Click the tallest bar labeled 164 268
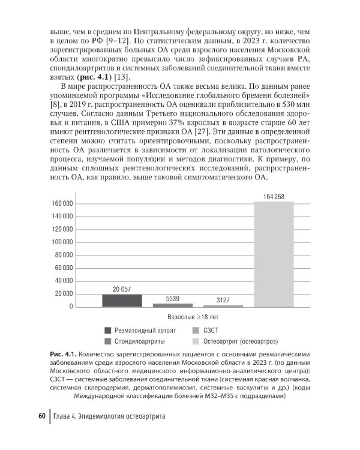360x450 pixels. click(x=274, y=254)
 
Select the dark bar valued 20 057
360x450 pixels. click(x=122, y=301)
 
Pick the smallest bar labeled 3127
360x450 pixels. click(x=223, y=306)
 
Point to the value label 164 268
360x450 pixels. click(x=274, y=197)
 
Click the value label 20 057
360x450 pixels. click(x=122, y=289)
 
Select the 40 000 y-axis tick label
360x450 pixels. click(x=62, y=281)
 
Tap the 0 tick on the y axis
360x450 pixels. click(x=71, y=307)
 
